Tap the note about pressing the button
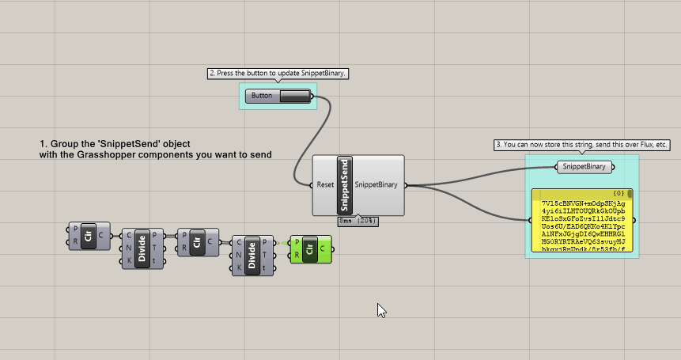pos(278,74)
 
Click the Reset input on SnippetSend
pos(325,185)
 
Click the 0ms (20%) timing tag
pos(358,221)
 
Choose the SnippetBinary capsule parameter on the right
pos(585,167)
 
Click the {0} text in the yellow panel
pos(619,193)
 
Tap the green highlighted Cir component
pos(309,249)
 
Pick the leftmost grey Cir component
pos(88,237)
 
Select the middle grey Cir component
pos(197,242)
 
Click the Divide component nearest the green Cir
pos(252,256)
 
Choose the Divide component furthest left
pos(142,247)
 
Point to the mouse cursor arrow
pos(380,309)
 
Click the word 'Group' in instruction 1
pos(63,143)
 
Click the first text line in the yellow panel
pos(584,203)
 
